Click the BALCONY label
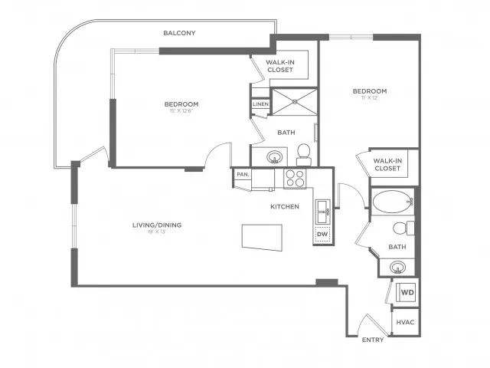click(181, 33)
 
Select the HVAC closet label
click(404, 322)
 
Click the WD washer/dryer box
click(407, 292)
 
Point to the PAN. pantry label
click(243, 175)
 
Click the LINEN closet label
click(260, 103)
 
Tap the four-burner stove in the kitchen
click(295, 178)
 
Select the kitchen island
click(261, 235)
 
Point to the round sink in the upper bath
click(275, 157)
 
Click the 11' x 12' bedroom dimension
click(370, 97)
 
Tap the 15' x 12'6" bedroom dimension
click(181, 112)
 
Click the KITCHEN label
click(284, 207)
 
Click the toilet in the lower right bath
click(400, 228)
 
